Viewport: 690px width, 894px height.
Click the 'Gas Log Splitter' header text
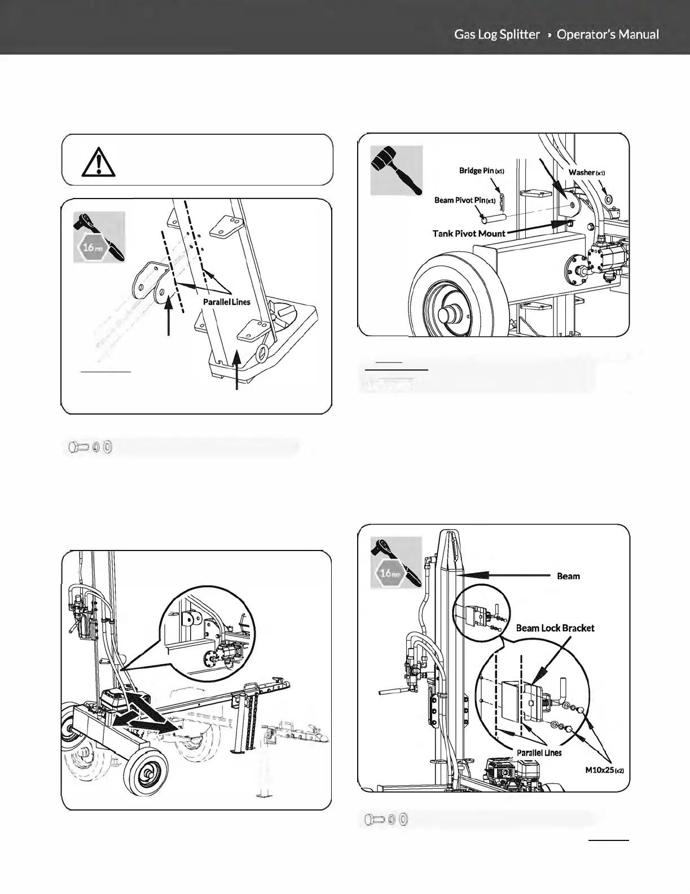click(496, 34)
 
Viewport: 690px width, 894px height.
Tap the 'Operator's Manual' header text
click(608, 34)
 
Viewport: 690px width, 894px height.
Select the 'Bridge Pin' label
click(481, 170)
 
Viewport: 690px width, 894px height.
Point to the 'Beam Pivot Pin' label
click(464, 200)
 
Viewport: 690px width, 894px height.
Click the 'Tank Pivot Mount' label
click(468, 233)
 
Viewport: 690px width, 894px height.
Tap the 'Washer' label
click(586, 172)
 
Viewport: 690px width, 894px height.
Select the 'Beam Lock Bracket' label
click(555, 628)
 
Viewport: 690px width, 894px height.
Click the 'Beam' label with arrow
click(568, 576)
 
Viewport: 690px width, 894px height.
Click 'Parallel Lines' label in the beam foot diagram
click(226, 302)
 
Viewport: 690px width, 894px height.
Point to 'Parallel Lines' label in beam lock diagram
click(539, 752)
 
